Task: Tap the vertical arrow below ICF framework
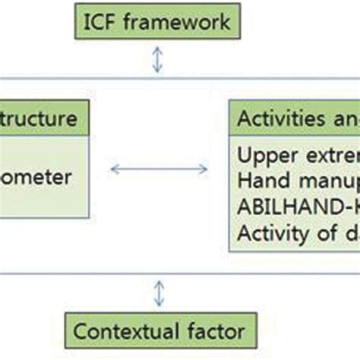point(156,61)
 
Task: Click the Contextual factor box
point(159,330)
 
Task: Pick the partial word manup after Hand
point(319,182)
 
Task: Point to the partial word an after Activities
point(346,119)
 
